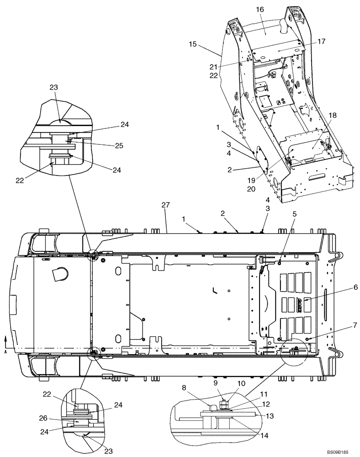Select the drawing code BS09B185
point(337,452)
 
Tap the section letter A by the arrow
point(5,352)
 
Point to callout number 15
point(192,44)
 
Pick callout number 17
point(321,41)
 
